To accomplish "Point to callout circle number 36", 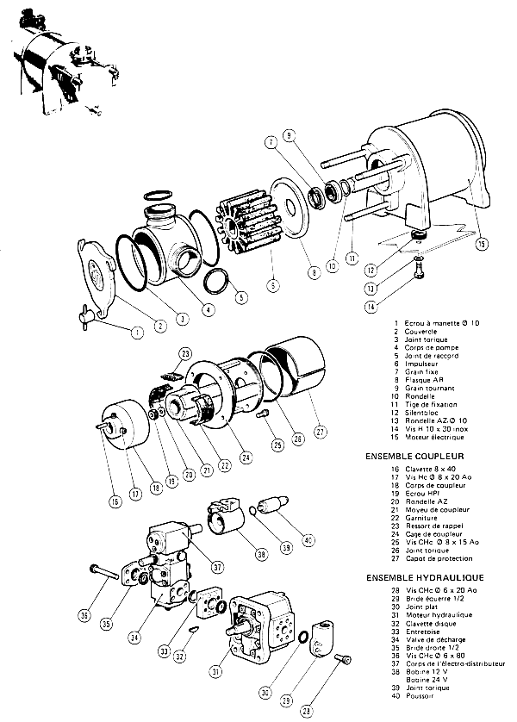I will click(84, 615).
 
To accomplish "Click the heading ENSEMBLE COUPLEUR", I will click(415, 456).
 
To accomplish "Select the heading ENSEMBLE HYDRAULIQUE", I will click(424, 576).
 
